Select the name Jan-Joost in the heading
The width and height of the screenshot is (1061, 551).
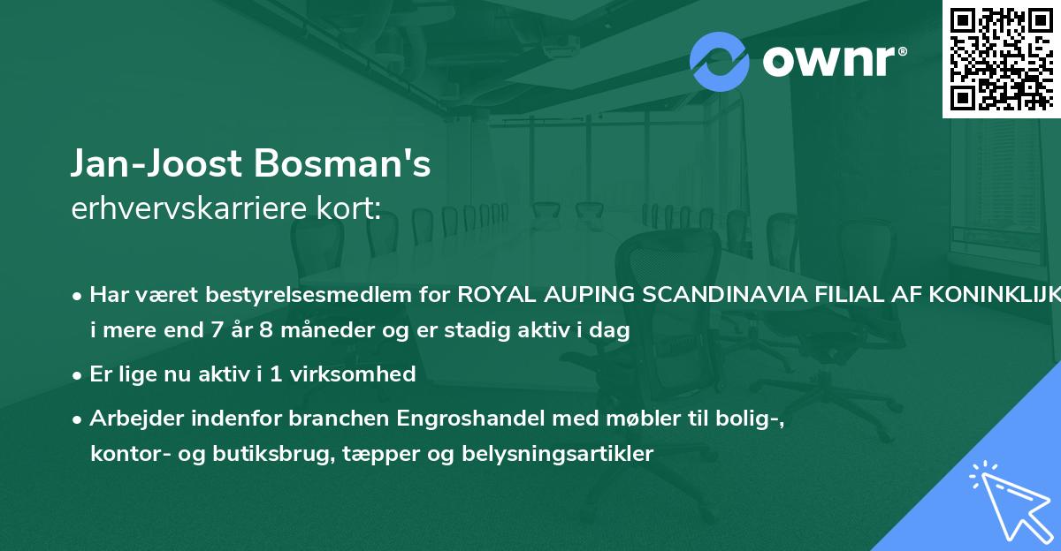pyautogui.click(x=154, y=165)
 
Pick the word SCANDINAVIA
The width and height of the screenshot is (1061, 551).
pyautogui.click(x=727, y=295)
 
